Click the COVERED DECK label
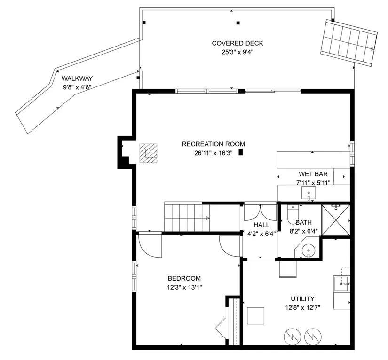point(238,43)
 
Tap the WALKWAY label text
point(77,78)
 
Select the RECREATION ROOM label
point(214,144)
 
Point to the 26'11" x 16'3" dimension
point(214,153)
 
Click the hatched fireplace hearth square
point(148,153)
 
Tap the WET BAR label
point(313,174)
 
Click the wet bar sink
point(309,193)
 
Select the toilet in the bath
point(293,214)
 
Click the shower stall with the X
point(335,220)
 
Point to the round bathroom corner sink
point(308,250)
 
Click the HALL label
point(261,225)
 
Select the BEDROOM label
point(184,278)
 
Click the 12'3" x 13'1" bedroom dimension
point(184,287)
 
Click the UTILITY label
point(302,299)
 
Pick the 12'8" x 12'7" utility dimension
point(302,308)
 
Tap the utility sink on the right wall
point(341,284)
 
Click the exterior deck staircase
point(349,43)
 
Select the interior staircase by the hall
point(187,217)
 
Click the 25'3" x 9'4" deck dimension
point(238,52)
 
